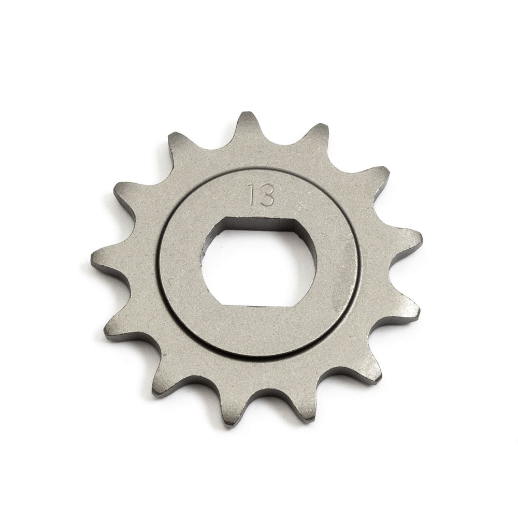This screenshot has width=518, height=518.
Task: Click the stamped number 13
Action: click(261, 194)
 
